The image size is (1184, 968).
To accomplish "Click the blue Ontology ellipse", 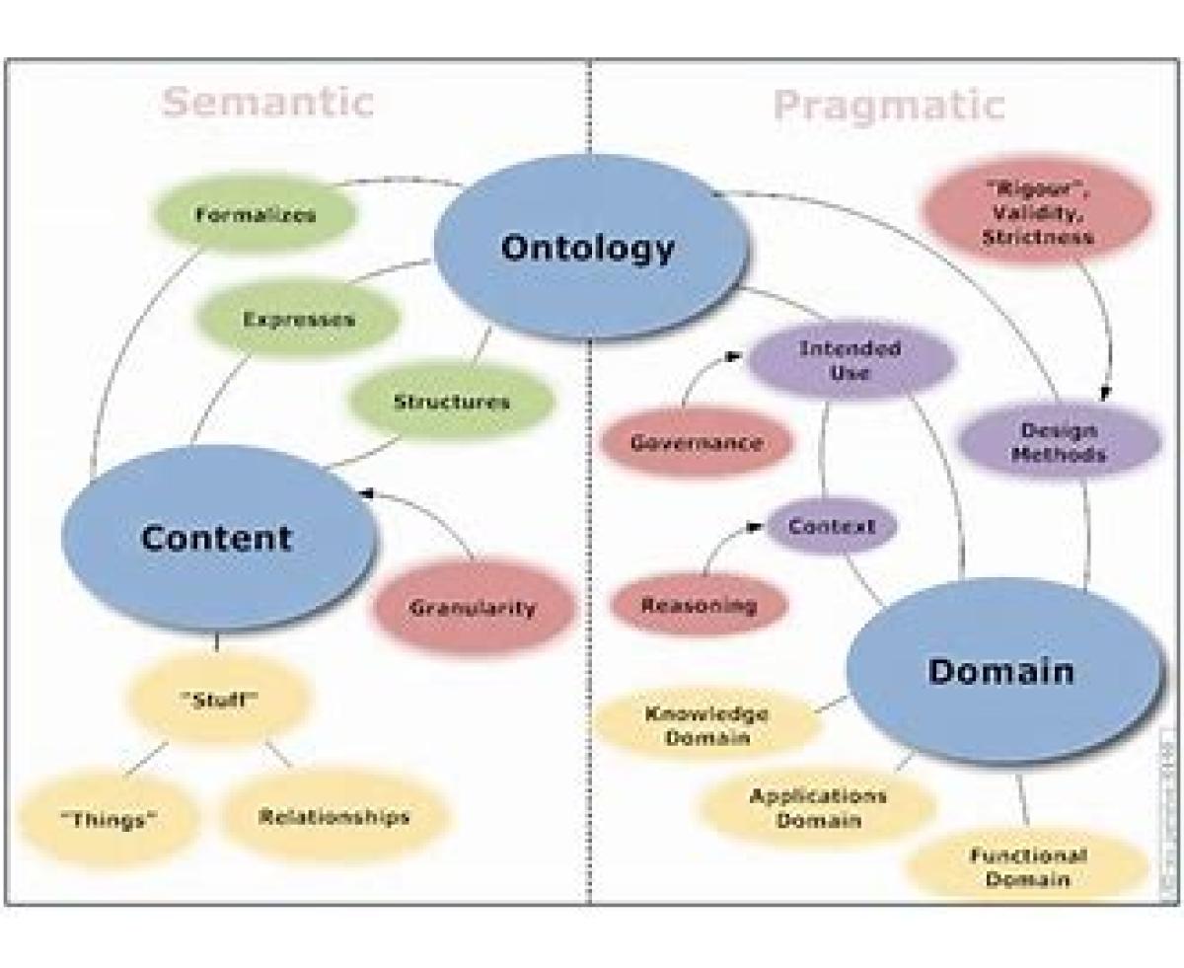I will [588, 248].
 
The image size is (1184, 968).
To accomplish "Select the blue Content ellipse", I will [217, 538].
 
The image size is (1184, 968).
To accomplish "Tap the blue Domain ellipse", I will [1001, 672].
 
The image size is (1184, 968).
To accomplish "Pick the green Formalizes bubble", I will [255, 215].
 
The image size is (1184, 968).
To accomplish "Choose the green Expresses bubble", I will [298, 320].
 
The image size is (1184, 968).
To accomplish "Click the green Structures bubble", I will [451, 403].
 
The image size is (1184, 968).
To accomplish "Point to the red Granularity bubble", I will [473, 608].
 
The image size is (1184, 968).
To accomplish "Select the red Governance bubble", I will [697, 443].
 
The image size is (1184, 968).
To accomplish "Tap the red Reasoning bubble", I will [699, 605].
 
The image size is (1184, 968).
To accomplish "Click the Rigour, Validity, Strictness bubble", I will [1036, 215].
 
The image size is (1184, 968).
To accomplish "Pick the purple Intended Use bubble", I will [850, 361].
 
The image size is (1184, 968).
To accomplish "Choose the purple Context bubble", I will [831, 526].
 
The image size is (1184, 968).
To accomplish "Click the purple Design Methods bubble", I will [1058, 442].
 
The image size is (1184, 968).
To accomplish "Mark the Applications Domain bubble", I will [817, 807].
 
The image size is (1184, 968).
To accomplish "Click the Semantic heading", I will [267, 102].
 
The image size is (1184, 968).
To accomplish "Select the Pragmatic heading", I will [888, 105].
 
